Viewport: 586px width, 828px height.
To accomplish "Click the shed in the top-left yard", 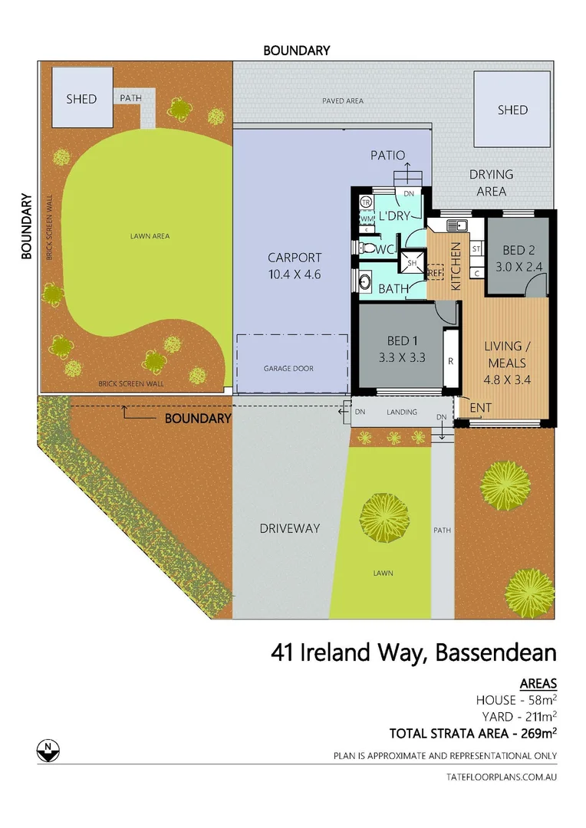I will point(82,97).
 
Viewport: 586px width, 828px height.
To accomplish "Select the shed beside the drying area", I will point(512,109).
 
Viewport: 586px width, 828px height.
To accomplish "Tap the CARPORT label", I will point(295,265).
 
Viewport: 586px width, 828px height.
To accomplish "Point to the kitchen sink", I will point(458,225).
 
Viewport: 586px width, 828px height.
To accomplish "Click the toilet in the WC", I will point(367,249).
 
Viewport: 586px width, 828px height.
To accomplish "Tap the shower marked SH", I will point(412,261).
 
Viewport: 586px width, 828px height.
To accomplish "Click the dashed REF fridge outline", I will point(436,272).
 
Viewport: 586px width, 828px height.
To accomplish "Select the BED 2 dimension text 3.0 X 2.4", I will point(519,267).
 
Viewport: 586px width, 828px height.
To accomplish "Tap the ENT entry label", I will point(481,406).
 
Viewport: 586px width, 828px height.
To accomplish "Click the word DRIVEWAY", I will point(289,528).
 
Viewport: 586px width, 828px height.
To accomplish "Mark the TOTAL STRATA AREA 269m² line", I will point(472,732).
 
